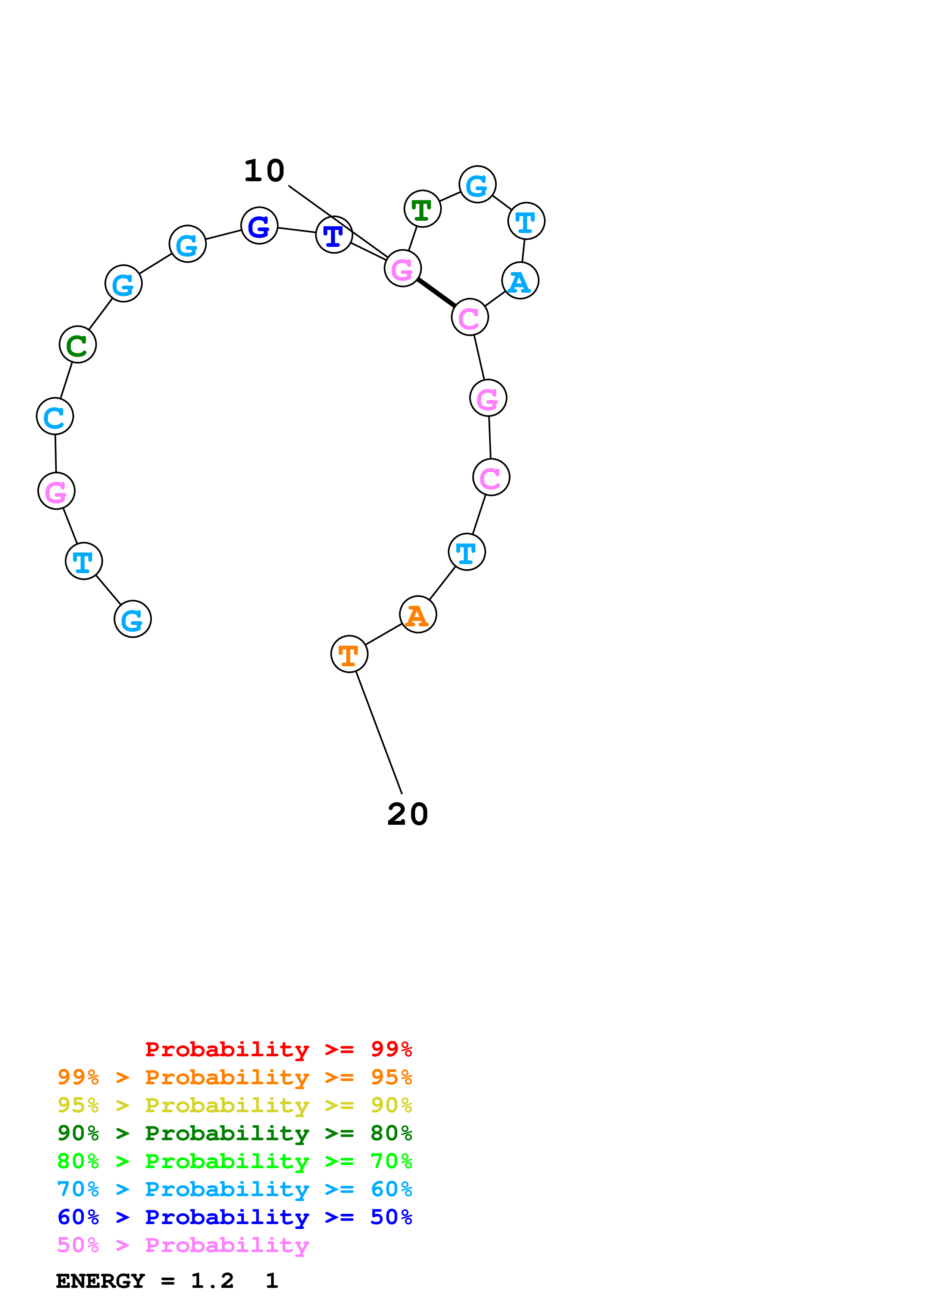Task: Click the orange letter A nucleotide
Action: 418,615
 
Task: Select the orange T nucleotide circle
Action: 349,654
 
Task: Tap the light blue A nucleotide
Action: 520,281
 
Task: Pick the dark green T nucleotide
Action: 422,209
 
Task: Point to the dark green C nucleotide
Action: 78,345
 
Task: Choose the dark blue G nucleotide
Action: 259,226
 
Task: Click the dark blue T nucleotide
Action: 334,235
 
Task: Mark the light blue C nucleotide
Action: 55,416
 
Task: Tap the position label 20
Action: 407,815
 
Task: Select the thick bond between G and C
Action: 436,293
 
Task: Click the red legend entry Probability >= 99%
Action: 278,1049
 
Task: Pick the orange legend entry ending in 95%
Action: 234,1077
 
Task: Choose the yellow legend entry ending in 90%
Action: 234,1105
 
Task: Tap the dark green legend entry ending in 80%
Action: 234,1133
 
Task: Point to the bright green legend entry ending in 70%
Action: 234,1161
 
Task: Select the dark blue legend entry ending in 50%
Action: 234,1217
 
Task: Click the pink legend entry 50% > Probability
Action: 183,1245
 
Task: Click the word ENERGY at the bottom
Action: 100,1281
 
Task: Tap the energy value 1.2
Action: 212,1281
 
